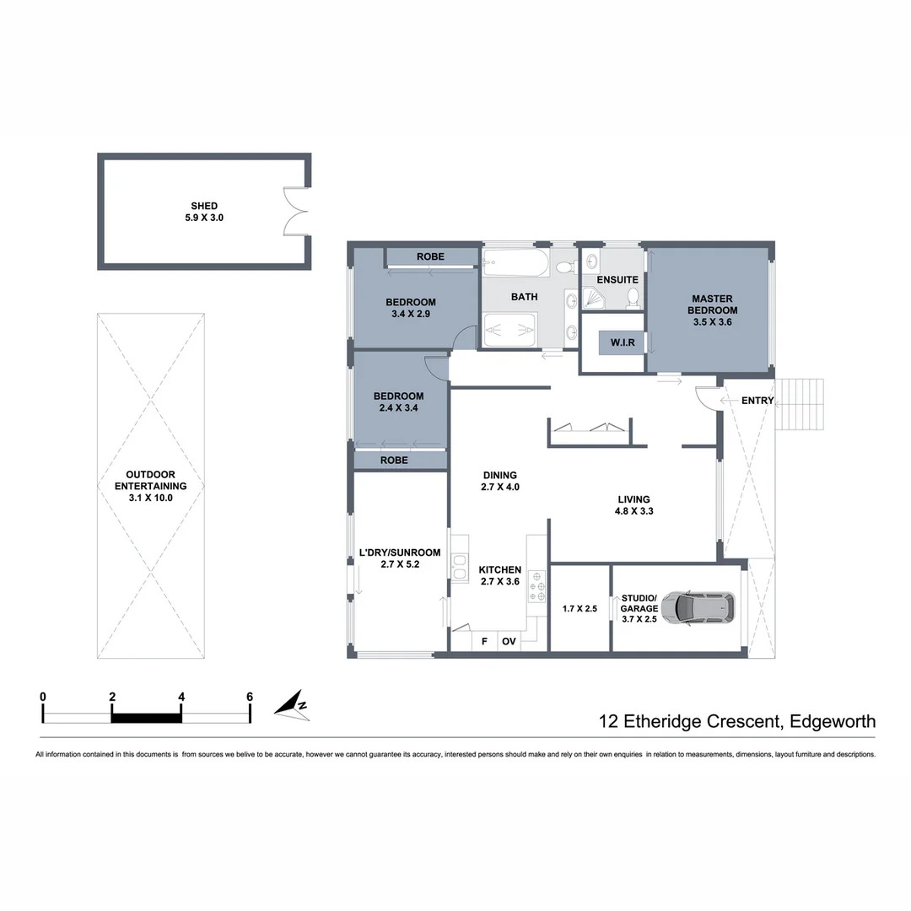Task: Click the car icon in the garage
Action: (698, 606)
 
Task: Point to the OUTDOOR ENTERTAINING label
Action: (150, 486)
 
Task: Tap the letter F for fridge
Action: (484, 642)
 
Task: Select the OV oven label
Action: (509, 642)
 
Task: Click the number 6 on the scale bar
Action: (250, 697)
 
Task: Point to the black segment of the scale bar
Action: (147, 717)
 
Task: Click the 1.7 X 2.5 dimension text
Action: (579, 608)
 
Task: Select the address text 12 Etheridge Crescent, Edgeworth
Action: (736, 722)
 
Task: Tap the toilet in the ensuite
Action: (633, 297)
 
